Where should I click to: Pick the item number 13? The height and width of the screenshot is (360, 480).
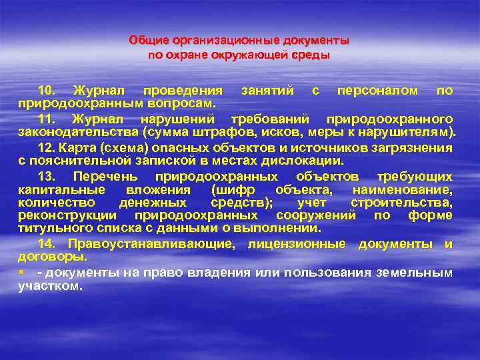(x=47, y=177)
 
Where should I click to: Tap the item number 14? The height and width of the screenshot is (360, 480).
(x=47, y=244)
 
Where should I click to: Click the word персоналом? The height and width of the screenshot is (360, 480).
(x=378, y=90)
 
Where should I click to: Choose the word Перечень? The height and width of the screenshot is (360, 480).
(x=105, y=177)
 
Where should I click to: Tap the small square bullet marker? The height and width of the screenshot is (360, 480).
(x=21, y=273)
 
